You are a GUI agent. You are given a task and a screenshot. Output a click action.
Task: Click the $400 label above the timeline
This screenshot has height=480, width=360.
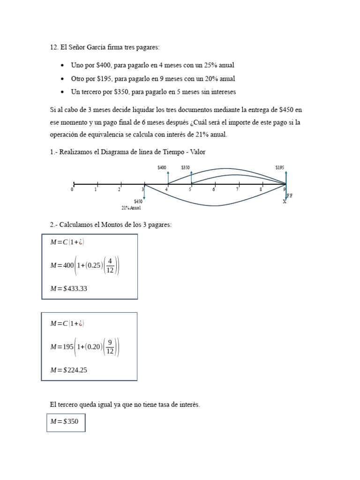(x=162, y=167)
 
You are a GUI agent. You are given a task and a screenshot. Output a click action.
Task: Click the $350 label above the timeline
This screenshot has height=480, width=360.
(x=185, y=167)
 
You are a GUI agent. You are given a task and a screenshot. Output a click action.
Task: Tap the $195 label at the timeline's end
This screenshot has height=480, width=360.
(x=280, y=167)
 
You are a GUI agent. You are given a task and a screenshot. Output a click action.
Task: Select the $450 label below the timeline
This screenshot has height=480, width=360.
(x=138, y=201)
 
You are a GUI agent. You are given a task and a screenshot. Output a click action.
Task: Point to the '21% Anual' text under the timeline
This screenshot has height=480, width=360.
(x=131, y=208)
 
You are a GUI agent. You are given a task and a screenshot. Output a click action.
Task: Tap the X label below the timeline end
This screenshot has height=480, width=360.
(x=284, y=202)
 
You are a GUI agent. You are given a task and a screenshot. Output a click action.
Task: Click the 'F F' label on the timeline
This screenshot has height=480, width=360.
(x=289, y=195)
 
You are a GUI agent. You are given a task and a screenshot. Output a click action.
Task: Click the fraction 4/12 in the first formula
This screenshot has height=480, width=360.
(x=110, y=266)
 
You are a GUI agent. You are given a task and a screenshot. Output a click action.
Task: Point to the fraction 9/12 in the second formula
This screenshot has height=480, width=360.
(x=110, y=347)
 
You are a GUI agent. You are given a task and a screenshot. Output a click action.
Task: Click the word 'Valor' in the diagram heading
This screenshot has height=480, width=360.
(x=196, y=152)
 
